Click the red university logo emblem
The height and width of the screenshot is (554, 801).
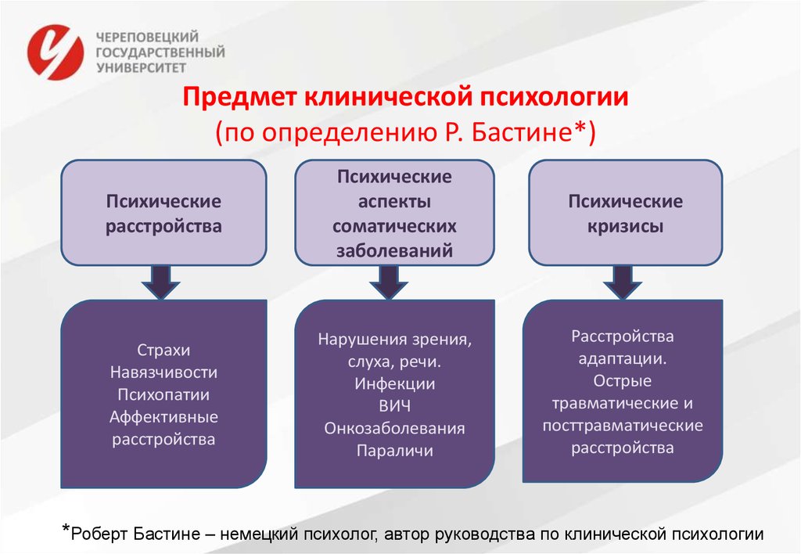pos(56,52)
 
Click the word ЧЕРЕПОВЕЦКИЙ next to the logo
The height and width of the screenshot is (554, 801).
pos(147,38)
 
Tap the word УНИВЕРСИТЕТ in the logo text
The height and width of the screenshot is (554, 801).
pos(141,67)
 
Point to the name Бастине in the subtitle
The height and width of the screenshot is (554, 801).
pos(520,132)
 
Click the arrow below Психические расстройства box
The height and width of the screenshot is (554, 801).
pos(161,282)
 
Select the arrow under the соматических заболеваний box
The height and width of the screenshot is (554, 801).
pos(389,282)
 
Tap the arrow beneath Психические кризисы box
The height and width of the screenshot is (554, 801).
pos(622,282)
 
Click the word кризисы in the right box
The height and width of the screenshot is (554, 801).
pos(625,226)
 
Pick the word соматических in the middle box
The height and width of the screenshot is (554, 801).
pos(394,226)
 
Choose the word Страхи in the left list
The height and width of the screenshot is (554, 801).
pos(163,350)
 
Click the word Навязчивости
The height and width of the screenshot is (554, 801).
pos(163,372)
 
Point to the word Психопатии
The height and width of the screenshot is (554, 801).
pos(163,394)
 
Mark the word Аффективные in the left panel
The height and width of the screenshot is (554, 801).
pos(163,417)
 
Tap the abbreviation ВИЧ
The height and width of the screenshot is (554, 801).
pos(394,406)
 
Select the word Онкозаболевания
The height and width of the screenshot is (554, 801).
pos(394,428)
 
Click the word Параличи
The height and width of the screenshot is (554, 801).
pos(394,451)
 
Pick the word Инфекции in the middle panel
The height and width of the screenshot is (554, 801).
pos(394,384)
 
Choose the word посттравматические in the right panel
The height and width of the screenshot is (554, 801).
pos(622,426)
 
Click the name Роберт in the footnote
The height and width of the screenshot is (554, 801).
pos(99,534)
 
